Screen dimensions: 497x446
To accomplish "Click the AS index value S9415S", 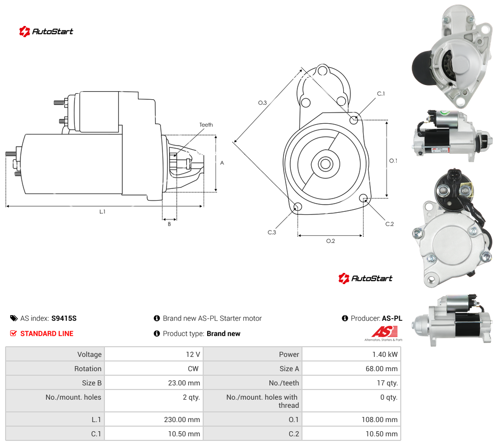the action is [x=64, y=318].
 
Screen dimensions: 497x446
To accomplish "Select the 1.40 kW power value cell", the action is [x=351, y=354].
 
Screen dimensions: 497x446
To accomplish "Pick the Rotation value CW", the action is [x=193, y=369].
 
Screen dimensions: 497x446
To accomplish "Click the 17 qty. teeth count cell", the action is [x=351, y=383].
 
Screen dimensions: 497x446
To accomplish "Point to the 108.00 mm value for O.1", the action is [x=379, y=420].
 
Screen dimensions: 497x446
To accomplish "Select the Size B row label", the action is [x=92, y=383].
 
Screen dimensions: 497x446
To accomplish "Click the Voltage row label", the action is [x=90, y=354].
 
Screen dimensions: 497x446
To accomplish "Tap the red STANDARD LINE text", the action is [x=47, y=333].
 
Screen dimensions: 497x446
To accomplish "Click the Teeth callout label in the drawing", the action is [x=206, y=125].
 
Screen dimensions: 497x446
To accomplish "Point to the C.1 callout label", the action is [x=381, y=94].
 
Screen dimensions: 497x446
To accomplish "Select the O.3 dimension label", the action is [x=262, y=103].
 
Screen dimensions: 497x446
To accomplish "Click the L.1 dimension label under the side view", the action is [x=102, y=211].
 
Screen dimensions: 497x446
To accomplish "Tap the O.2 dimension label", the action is [x=330, y=241].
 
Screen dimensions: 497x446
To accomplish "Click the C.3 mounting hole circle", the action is [x=297, y=207].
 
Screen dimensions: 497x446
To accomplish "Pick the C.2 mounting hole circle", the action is [x=364, y=198].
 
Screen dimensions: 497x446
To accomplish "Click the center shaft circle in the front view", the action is [x=325, y=164].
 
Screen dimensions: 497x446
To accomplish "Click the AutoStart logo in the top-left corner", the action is [x=46, y=32].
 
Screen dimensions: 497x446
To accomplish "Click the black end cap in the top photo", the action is [x=422, y=68].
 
